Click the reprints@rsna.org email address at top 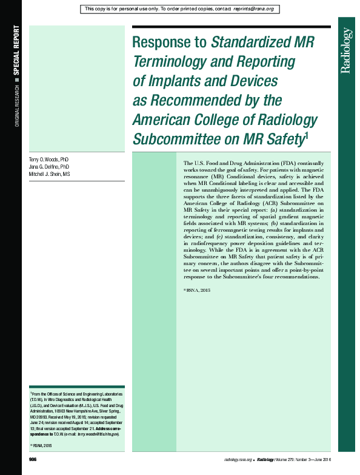252,9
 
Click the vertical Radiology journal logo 347,51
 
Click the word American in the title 164,119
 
